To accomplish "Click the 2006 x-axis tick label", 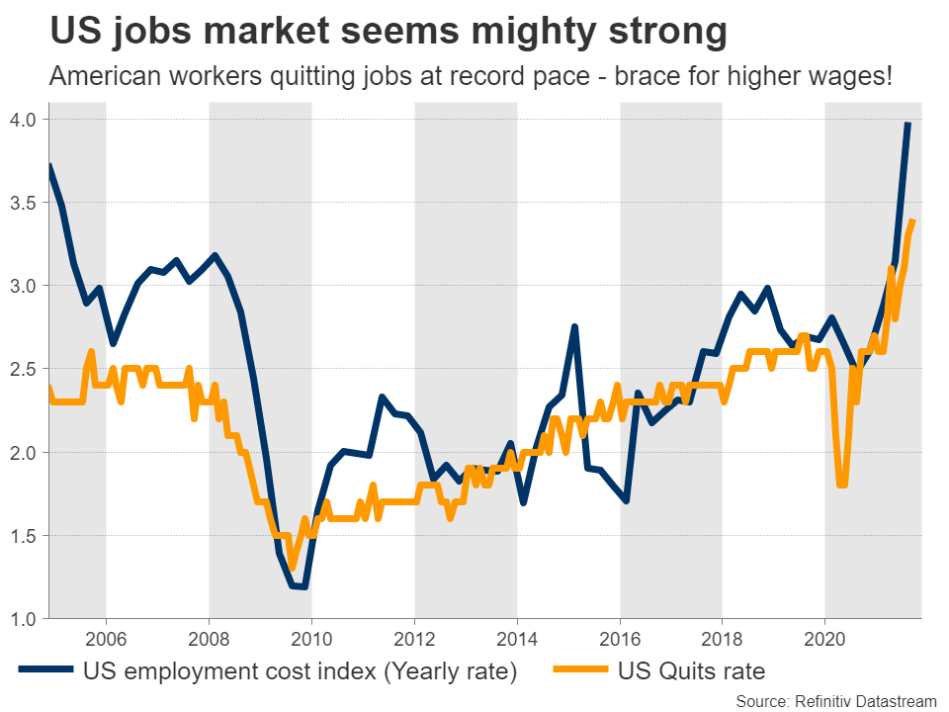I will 106,638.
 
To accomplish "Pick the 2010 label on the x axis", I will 311,638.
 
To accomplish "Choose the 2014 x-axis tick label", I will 517,638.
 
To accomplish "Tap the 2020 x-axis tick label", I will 825,638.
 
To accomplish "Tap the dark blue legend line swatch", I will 45,671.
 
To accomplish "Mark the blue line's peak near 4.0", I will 908,123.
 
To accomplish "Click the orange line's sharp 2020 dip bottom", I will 841,485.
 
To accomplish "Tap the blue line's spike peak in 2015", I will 574,326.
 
